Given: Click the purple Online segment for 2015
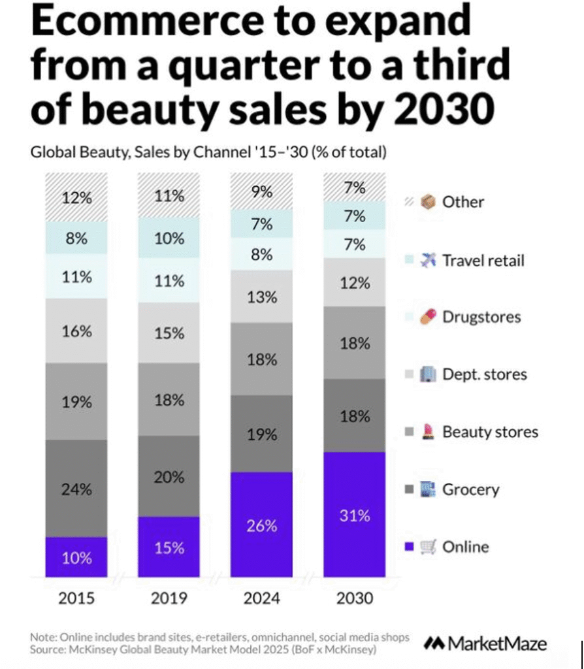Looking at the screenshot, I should point(76,557).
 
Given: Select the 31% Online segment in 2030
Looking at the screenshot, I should point(355,515).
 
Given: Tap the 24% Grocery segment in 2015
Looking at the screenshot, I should point(76,488).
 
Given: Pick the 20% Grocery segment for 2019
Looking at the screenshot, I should point(169,477).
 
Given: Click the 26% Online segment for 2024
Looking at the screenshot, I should point(262,525).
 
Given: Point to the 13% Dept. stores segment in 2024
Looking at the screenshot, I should point(262,297).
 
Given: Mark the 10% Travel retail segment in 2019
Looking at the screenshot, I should point(169,238).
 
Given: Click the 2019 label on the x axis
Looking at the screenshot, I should point(169,598).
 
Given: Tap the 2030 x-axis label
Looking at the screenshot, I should point(355,598).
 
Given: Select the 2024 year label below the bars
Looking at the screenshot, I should point(262,598).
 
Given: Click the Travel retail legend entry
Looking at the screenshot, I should point(483,260).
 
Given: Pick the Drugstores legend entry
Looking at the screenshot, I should point(481,317).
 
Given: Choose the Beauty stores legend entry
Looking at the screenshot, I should point(490,432).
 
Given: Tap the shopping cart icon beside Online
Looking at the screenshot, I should point(429,547).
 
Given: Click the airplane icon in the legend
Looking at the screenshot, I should point(429,260).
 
